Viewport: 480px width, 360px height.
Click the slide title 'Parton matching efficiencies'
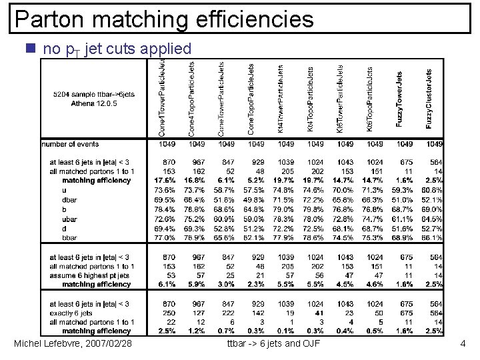pos(164,19)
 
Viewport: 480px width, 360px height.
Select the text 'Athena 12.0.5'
pos(94,103)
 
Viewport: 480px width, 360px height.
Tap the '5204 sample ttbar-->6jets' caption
pos(94,95)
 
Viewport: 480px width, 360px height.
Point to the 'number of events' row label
pos(70,144)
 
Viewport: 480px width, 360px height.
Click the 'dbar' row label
pos(69,200)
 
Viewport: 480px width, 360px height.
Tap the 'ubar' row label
pos(69,219)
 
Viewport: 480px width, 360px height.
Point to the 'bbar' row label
pos(69,237)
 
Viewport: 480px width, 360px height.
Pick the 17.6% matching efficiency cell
pos(165,181)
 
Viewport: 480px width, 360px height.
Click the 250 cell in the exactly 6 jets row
pos(169,313)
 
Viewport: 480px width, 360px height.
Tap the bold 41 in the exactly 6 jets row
pos(318,313)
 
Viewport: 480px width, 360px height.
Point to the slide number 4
pos(462,343)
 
